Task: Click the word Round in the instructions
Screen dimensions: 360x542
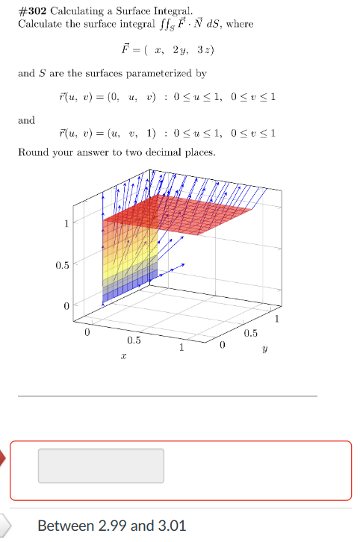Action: (x=33, y=152)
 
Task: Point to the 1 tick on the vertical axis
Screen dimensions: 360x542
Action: (x=66, y=222)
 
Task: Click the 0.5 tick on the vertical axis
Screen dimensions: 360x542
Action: (x=63, y=265)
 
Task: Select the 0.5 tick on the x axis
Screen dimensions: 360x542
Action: (x=133, y=340)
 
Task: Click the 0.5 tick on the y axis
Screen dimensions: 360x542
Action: (x=251, y=333)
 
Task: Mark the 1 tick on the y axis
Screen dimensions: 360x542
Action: (x=279, y=320)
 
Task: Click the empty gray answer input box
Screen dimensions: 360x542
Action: (x=101, y=466)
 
